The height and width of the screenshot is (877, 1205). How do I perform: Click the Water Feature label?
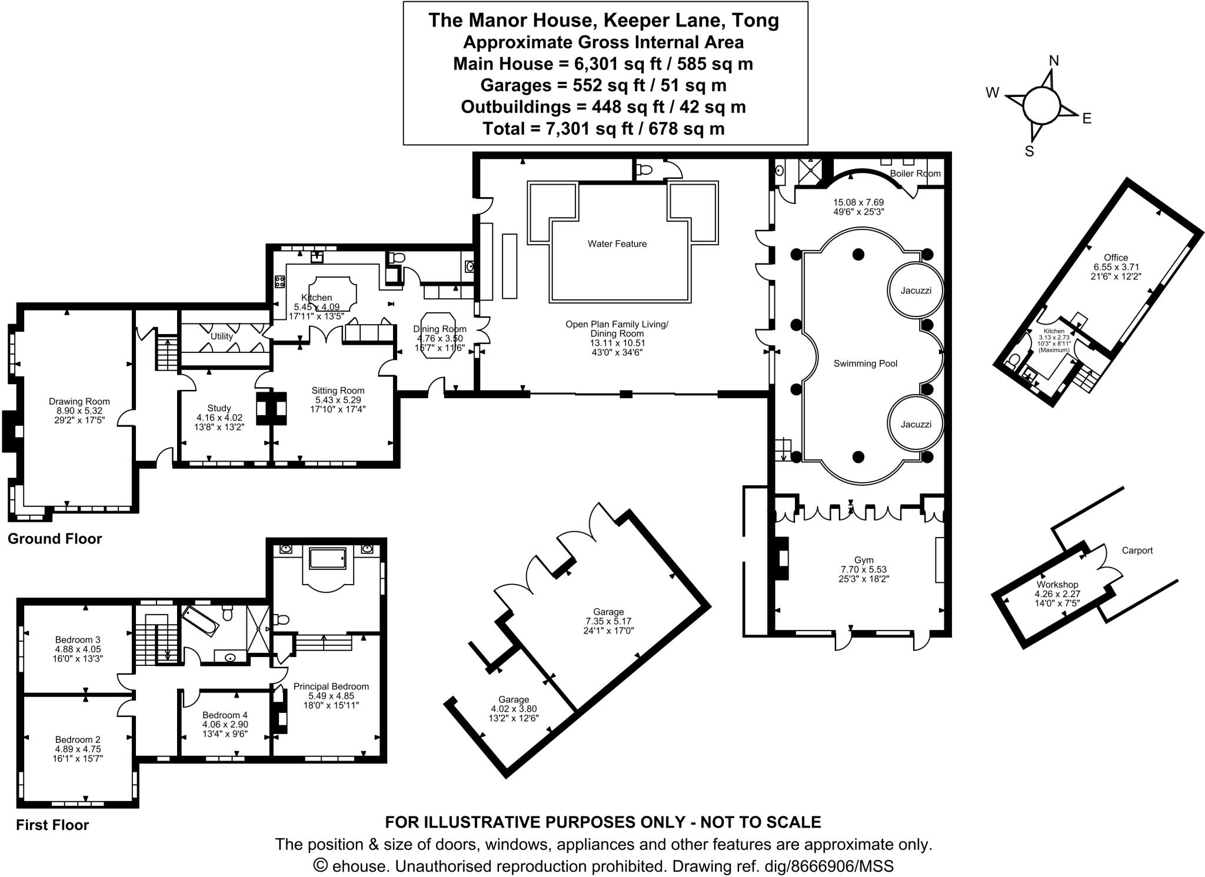pos(617,244)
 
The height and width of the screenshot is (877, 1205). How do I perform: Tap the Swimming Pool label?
pos(865,364)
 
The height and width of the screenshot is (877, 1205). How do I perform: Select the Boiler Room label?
pos(915,174)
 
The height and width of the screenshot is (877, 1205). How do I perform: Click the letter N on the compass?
pos(1054,61)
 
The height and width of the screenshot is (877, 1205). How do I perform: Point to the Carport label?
pos(1137,551)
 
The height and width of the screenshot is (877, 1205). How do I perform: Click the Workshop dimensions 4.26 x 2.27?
pos(1057,593)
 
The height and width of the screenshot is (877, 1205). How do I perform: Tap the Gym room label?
pos(864,560)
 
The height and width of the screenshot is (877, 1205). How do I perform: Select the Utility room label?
pos(222,336)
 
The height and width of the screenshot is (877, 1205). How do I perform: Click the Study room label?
pos(219,408)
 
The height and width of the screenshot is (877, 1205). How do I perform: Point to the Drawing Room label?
pos(79,401)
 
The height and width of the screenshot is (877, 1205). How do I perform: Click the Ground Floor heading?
pos(55,539)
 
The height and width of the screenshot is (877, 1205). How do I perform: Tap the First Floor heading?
pos(52,825)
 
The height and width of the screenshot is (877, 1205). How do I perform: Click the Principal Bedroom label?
pos(331,686)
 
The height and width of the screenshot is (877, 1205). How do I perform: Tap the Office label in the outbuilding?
pos(1116,257)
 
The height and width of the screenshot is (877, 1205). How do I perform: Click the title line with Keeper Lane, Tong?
pos(604,20)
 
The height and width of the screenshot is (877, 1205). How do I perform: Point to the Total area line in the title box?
pos(604,128)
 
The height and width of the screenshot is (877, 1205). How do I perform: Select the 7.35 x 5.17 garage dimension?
pos(608,621)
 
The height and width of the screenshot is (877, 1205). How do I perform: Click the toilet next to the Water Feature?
pos(645,171)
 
